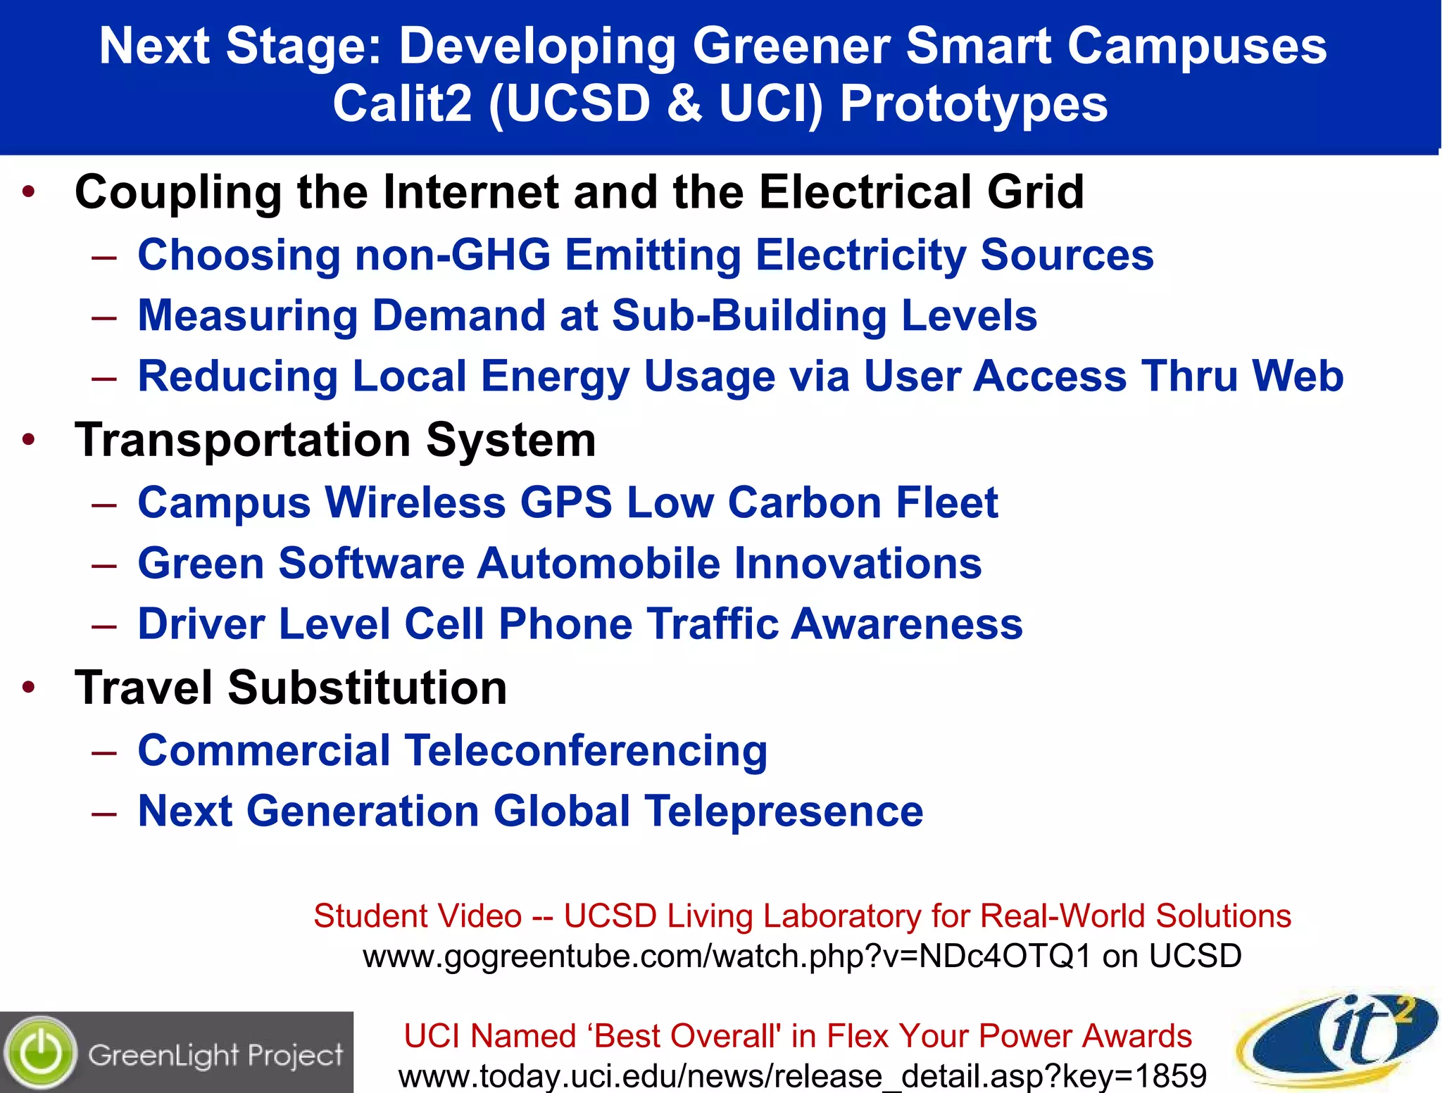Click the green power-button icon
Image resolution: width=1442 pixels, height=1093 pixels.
pyautogui.click(x=41, y=1053)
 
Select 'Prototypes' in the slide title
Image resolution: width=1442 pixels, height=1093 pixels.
pyautogui.click(x=974, y=104)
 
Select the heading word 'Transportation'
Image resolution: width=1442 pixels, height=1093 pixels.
pyautogui.click(x=243, y=441)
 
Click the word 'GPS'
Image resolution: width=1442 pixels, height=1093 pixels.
pyautogui.click(x=566, y=503)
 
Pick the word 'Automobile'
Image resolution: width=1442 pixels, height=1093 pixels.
pyautogui.click(x=598, y=564)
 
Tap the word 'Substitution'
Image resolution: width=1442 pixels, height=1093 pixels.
pyautogui.click(x=367, y=688)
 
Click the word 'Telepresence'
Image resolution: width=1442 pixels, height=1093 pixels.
pyautogui.click(x=784, y=811)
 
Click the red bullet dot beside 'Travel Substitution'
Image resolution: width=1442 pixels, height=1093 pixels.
pyautogui.click(x=29, y=687)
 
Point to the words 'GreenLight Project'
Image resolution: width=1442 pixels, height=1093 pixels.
pyautogui.click(x=215, y=1055)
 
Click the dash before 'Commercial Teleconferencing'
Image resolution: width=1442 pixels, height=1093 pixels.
pyautogui.click(x=104, y=752)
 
